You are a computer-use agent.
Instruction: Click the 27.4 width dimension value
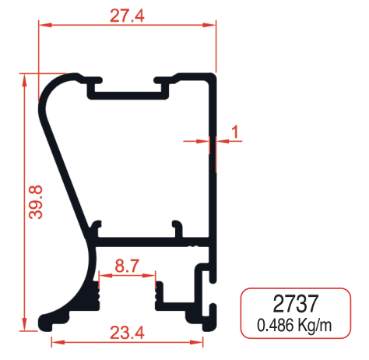[x=128, y=14]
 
